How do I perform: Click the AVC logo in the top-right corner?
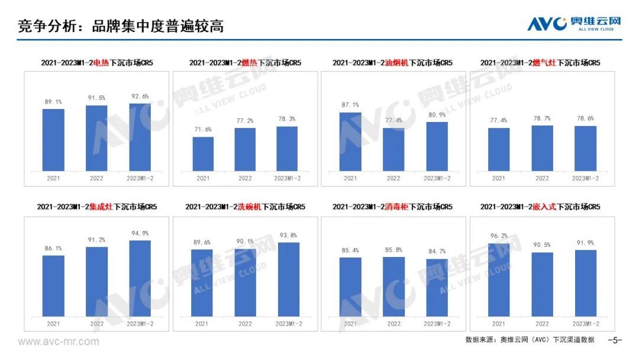574,23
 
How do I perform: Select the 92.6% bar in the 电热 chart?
140,137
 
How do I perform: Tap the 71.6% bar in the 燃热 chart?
203,154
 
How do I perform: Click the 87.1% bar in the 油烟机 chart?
350,142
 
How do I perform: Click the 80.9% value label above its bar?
437,115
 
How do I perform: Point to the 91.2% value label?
97,240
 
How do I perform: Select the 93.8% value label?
289,235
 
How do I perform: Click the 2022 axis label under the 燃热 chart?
245,178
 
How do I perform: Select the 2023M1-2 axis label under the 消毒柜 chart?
437,324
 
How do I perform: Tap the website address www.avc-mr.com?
58,342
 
